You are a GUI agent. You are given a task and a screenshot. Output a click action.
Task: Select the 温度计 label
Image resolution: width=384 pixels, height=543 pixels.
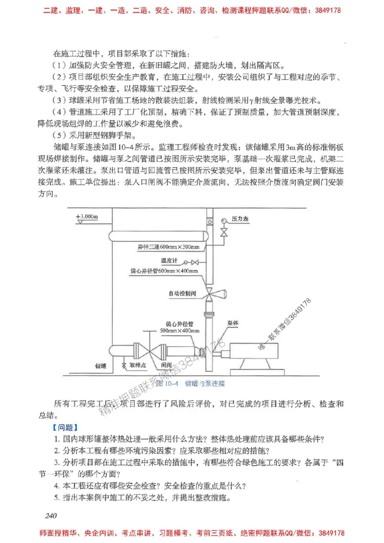[x=169, y=261]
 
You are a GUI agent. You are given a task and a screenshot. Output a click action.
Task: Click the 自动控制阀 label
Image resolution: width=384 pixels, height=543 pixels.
[x=168, y=292]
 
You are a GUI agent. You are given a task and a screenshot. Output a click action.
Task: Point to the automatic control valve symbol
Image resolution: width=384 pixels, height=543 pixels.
[x=210, y=293]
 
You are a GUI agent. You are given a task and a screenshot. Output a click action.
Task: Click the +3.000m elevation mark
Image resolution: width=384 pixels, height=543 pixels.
[x=87, y=217]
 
